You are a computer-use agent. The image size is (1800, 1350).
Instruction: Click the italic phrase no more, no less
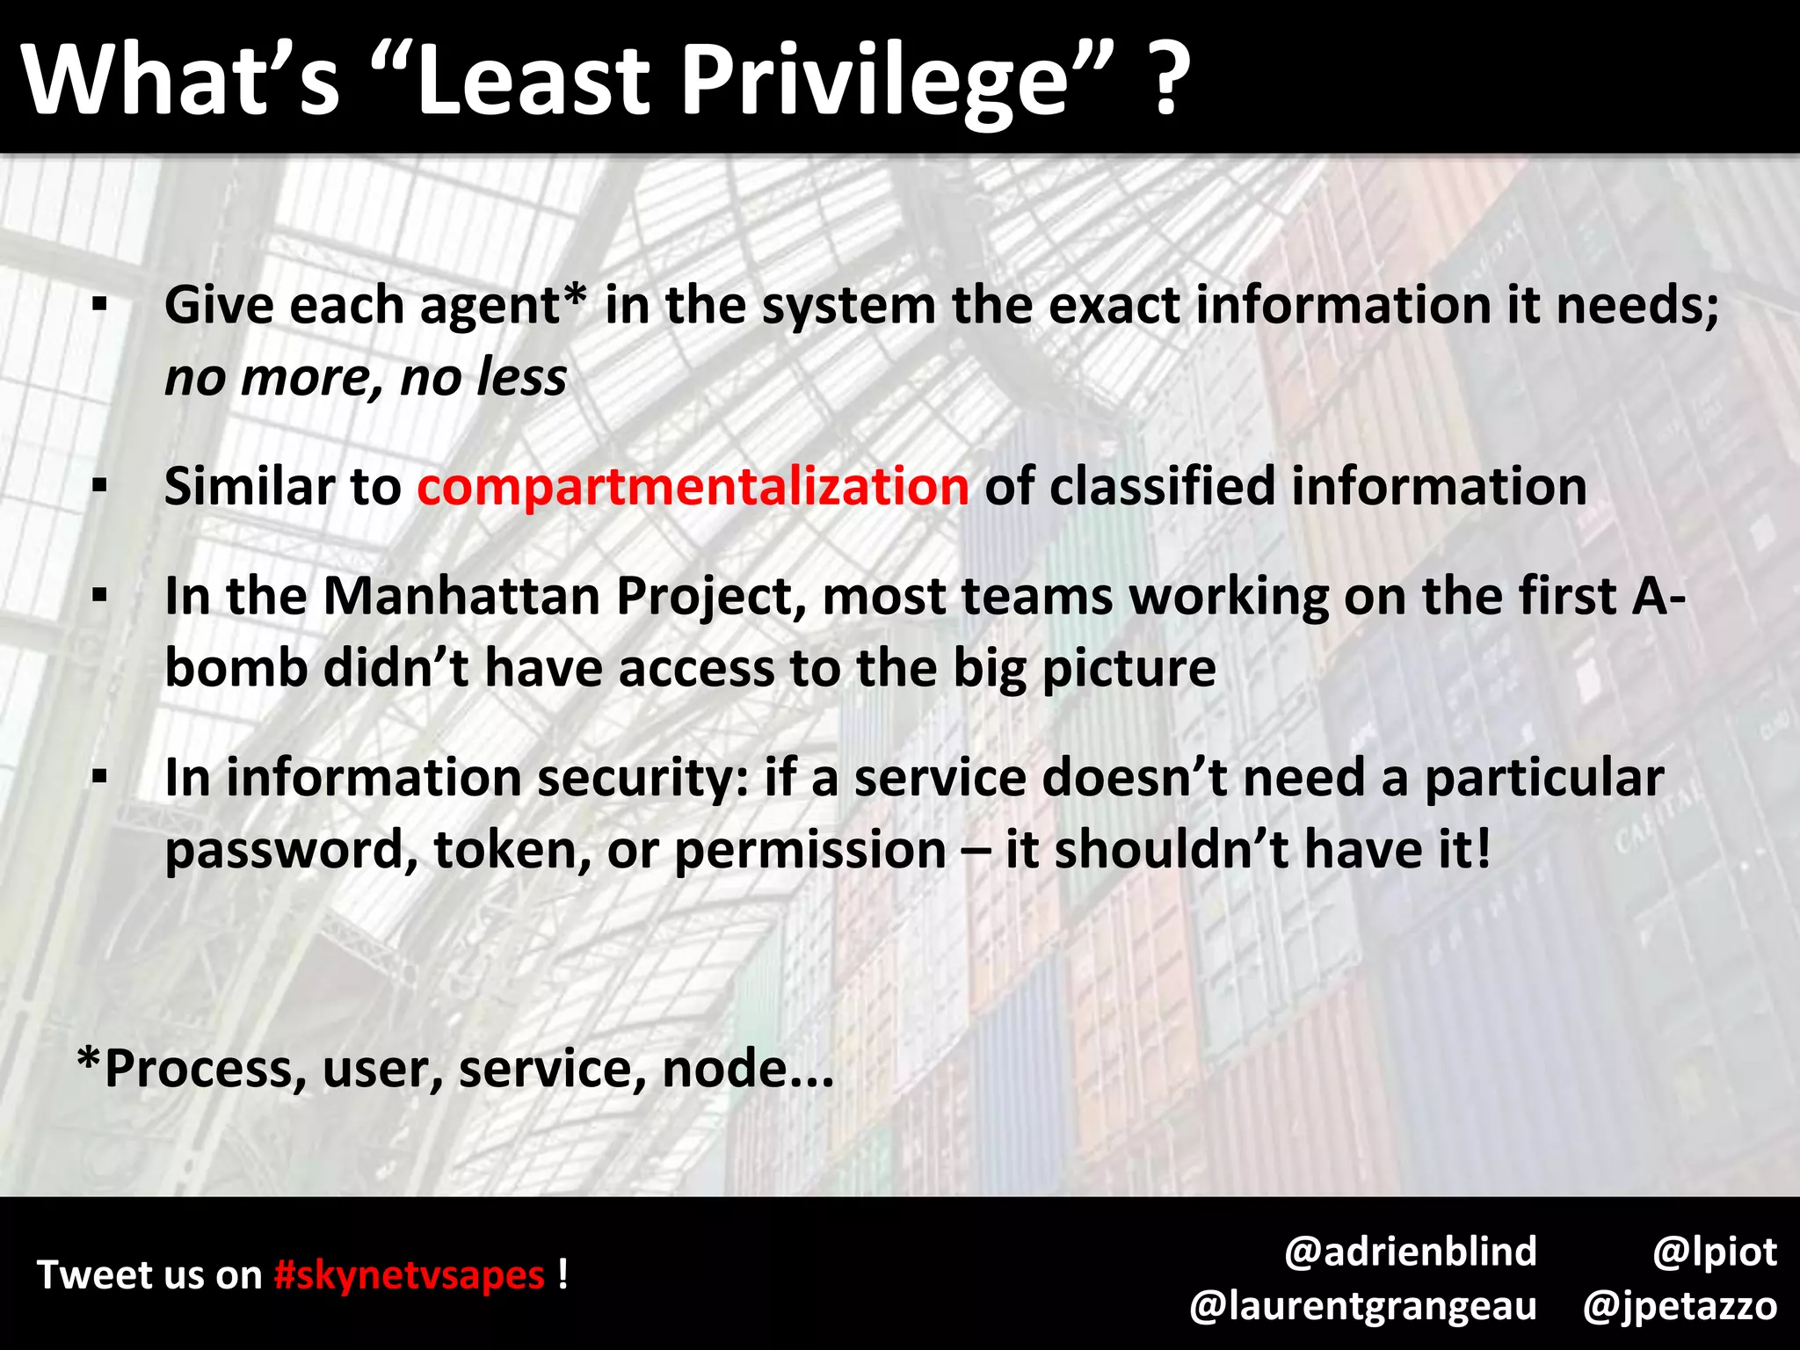(366, 377)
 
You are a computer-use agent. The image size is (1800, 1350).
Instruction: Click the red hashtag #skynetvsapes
(409, 1274)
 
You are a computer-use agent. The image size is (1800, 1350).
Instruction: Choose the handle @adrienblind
(1410, 1251)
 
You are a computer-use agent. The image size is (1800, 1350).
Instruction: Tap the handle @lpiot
(1715, 1251)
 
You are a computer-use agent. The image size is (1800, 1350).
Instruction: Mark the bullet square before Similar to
(99, 486)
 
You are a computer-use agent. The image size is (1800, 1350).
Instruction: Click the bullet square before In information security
(99, 778)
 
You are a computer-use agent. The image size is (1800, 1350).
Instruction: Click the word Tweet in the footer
(94, 1274)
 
